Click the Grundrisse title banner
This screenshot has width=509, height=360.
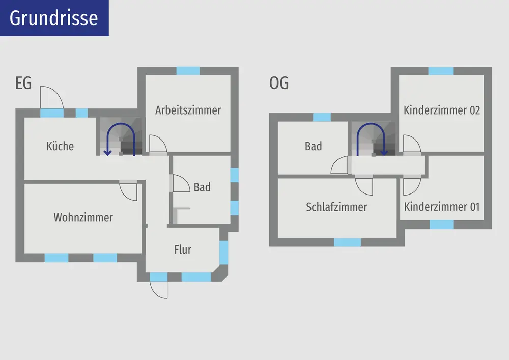pyautogui.click(x=54, y=18)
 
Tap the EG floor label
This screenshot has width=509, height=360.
pyautogui.click(x=23, y=82)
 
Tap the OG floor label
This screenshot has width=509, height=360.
pyautogui.click(x=279, y=82)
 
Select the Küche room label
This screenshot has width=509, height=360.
pyautogui.click(x=60, y=146)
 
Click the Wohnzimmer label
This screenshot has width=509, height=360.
pyautogui.click(x=83, y=217)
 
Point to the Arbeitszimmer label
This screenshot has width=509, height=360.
pyautogui.click(x=188, y=110)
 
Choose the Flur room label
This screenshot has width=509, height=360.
pyautogui.click(x=183, y=250)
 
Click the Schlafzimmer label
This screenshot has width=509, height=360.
pyautogui.click(x=336, y=207)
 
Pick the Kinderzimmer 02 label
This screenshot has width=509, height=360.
pyautogui.click(x=442, y=110)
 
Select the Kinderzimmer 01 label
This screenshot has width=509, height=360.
pyautogui.click(x=442, y=207)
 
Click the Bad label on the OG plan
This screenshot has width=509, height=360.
pyautogui.click(x=313, y=146)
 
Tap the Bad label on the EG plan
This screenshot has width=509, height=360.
pyautogui.click(x=202, y=187)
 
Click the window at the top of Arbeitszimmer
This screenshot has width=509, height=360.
pyautogui.click(x=188, y=71)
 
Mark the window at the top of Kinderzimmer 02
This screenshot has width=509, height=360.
pyautogui.click(x=441, y=71)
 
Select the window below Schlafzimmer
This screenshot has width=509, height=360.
pyautogui.click(x=347, y=242)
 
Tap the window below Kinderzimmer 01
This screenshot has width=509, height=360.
pyautogui.click(x=441, y=225)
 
